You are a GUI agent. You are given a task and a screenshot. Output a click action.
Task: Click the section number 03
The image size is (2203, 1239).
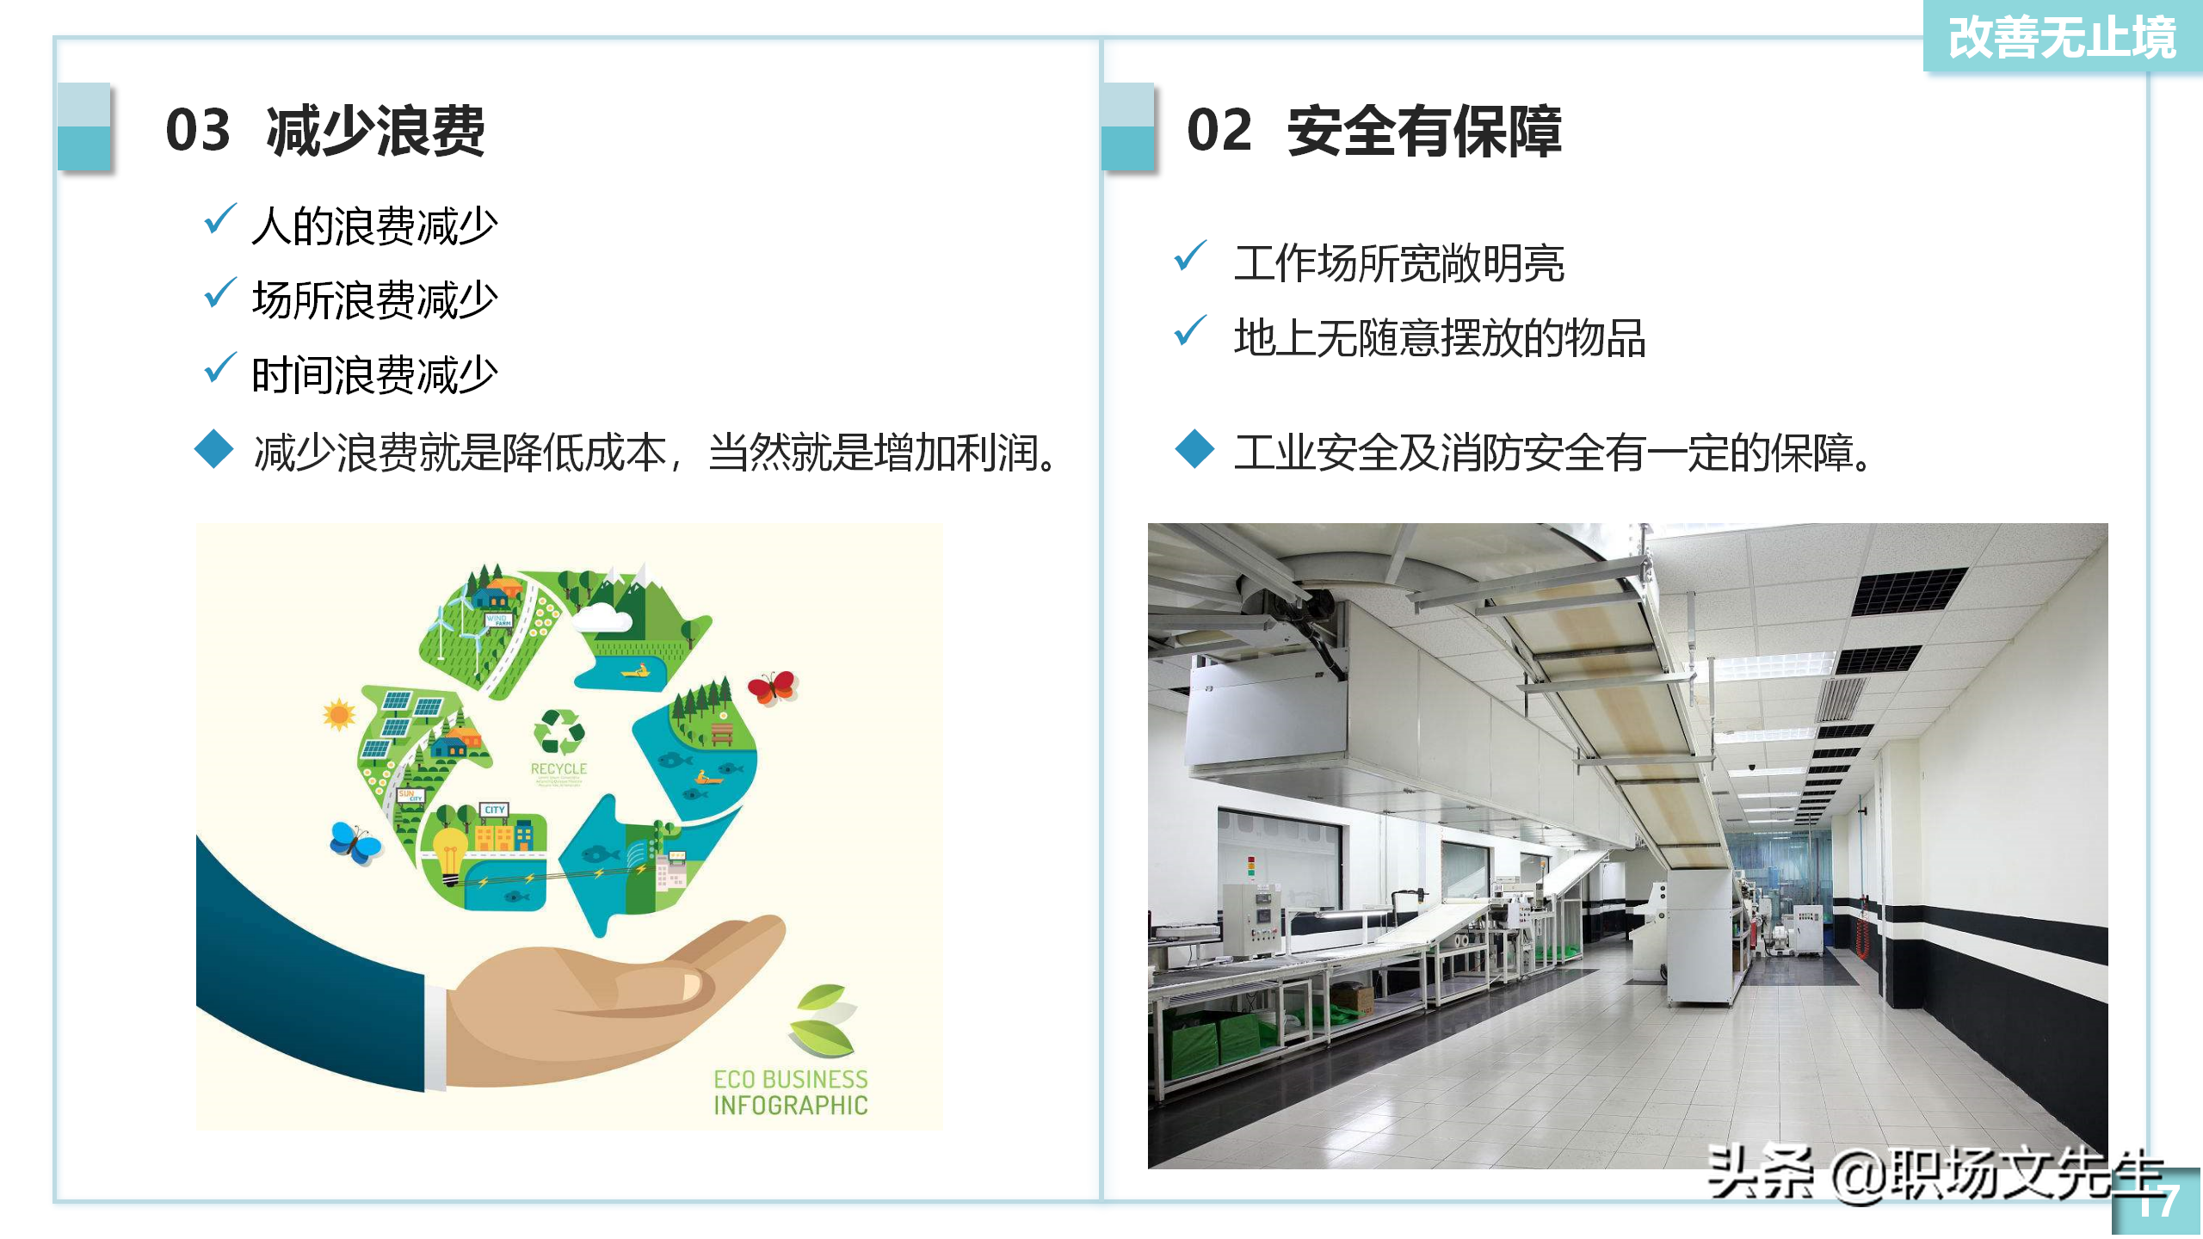pyautogui.click(x=198, y=131)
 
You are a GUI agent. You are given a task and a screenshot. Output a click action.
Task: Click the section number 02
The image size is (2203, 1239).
pyautogui.click(x=1219, y=131)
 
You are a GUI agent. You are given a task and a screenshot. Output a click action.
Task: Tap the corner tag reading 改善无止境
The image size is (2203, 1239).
pyautogui.click(x=2062, y=38)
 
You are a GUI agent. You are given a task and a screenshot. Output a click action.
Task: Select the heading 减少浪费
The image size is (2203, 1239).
pyautogui.click(x=375, y=131)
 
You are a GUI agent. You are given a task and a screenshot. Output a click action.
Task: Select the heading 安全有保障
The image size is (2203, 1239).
pyautogui.click(x=1424, y=131)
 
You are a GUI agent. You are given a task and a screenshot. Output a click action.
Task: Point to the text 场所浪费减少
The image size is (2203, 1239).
pyautogui.click(x=374, y=300)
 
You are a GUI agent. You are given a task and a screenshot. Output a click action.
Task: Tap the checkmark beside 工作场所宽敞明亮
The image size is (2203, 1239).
pyautogui.click(x=1190, y=256)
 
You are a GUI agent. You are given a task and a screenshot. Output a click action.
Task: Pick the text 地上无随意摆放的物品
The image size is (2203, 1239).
pyautogui.click(x=1439, y=337)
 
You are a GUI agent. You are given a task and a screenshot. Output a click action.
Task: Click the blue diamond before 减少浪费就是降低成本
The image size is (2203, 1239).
pyautogui.click(x=214, y=449)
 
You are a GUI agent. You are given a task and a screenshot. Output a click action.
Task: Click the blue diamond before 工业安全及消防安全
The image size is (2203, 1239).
pyautogui.click(x=1194, y=449)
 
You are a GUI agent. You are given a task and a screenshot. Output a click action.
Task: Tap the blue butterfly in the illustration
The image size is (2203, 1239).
pyautogui.click(x=355, y=842)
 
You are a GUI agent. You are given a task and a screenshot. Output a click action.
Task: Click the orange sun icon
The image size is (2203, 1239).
pyautogui.click(x=338, y=714)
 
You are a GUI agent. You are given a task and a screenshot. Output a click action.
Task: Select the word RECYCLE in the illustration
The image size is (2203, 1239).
pyautogui.click(x=558, y=768)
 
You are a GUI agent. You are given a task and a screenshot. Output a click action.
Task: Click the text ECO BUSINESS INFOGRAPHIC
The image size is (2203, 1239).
pyautogui.click(x=790, y=1092)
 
